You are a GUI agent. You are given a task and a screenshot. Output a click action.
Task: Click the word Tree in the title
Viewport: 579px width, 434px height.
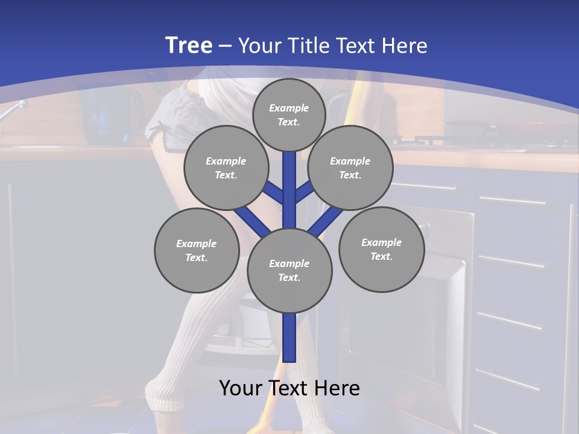[189, 45]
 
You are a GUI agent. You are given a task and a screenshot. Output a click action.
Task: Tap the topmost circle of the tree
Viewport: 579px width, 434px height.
[289, 115]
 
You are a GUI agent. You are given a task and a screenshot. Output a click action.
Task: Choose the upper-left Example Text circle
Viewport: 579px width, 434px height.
[226, 168]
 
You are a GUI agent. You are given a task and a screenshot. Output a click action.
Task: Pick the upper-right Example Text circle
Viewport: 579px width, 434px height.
[350, 168]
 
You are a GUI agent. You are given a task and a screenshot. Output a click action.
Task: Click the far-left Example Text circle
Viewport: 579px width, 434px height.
[196, 250]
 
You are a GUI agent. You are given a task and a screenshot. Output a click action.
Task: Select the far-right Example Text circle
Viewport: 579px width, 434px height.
[381, 249]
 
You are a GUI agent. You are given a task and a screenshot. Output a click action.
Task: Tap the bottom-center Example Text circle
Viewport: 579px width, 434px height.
[289, 270]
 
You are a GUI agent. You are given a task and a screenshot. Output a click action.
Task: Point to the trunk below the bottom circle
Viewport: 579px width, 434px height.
[289, 338]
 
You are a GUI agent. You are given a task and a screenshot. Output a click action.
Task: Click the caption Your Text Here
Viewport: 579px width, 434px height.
[289, 388]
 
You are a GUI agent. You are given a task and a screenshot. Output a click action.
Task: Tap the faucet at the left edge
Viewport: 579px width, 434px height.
[14, 108]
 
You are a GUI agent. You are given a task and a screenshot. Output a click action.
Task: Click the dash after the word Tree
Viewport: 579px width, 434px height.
[225, 46]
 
